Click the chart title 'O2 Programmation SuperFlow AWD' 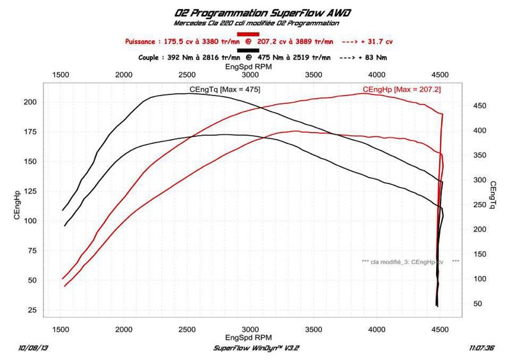pyautogui.click(x=254, y=13)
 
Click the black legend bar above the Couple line pyautogui.click(x=247, y=50)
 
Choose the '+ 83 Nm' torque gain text pyautogui.click(x=370, y=57)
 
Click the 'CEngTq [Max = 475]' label pyautogui.click(x=224, y=89)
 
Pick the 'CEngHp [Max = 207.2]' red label pyautogui.click(x=402, y=90)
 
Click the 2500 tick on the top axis pyautogui.click(x=187, y=75)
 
